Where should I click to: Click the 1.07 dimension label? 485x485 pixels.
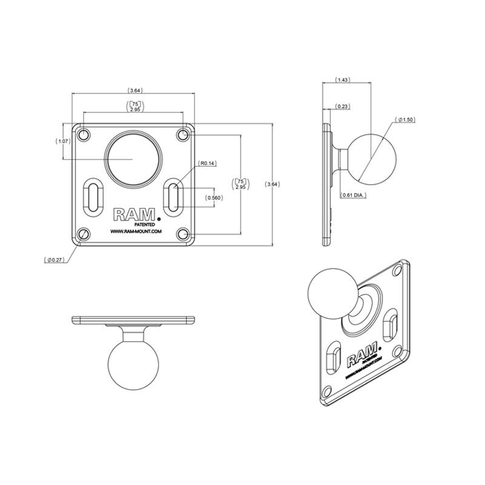tap(63, 141)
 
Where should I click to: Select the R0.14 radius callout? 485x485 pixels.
tap(208, 164)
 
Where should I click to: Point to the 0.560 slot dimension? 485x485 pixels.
tap(213, 198)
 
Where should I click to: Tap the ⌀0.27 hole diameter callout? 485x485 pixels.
tap(55, 260)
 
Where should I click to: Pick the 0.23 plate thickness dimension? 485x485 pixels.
tap(343, 107)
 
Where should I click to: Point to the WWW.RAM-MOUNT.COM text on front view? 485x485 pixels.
tap(135, 231)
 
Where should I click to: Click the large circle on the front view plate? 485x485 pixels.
tap(133, 157)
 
